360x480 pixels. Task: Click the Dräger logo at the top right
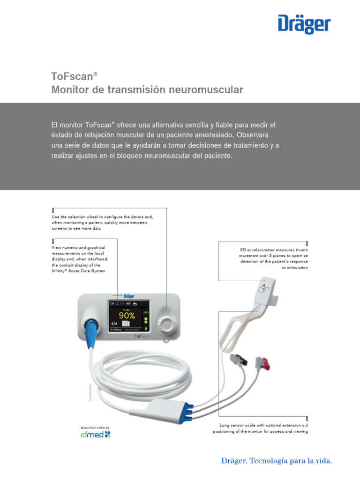coord(304,24)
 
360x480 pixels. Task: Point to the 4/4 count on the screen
coord(114,323)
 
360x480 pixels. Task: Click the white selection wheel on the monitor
coord(166,323)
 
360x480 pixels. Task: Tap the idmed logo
coord(96,435)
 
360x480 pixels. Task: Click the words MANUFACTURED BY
coord(95,427)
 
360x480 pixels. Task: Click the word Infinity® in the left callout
coord(61,271)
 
